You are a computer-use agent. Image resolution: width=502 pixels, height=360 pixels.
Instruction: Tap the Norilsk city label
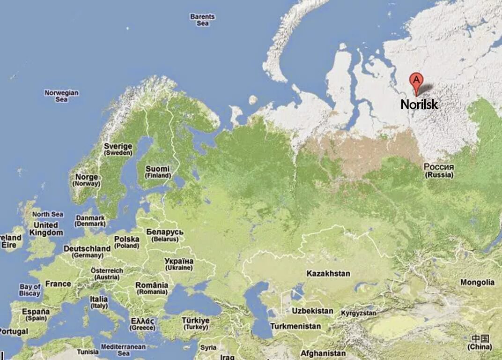coord(419,104)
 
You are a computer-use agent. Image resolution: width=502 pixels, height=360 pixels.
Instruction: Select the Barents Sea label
coord(202,20)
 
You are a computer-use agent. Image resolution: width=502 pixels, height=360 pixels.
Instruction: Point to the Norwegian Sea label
coord(61,96)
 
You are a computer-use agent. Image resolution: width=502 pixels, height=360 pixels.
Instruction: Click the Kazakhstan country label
coord(328,273)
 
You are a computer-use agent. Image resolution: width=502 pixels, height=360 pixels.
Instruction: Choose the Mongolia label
coord(477,282)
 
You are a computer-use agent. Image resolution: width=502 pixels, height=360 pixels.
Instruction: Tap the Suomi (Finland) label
coord(157,172)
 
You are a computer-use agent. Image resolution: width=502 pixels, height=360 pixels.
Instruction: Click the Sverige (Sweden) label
coord(118,149)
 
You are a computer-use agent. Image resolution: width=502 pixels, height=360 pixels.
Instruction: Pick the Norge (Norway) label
coord(86,180)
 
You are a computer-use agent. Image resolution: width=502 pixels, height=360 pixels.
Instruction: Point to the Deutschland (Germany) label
coord(87,251)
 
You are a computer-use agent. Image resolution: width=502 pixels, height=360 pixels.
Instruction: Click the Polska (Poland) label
coord(126,242)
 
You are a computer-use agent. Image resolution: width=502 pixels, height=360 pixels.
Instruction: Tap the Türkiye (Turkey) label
coord(195,323)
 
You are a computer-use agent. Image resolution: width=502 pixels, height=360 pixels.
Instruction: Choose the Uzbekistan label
coord(312,310)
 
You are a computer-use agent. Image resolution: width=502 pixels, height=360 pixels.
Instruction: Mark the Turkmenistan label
coord(295,326)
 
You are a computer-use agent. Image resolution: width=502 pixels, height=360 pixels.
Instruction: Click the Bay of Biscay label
coord(30,290)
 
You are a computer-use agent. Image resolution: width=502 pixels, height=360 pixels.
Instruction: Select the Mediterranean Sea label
coord(124,350)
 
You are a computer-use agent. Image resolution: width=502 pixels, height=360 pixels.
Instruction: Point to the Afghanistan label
coord(323,353)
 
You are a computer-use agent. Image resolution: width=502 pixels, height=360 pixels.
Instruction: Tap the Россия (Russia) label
coord(439,170)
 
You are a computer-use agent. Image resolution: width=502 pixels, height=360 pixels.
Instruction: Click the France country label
coord(58,284)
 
